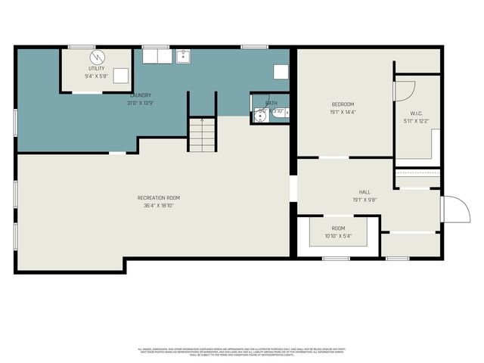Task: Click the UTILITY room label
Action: pos(96,68)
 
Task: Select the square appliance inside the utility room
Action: pos(121,75)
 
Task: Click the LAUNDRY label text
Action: pos(141,95)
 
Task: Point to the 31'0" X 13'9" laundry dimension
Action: pos(141,103)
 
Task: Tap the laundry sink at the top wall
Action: pos(183,56)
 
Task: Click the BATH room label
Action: pos(271,103)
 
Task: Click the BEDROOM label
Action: pos(343,104)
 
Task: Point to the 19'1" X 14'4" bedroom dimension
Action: pos(343,112)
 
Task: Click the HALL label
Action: pos(365,193)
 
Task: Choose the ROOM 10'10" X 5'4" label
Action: pos(338,231)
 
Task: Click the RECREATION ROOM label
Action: pos(159,198)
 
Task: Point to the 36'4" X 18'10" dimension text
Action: pos(159,206)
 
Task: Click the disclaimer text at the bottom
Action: pos(241,351)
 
